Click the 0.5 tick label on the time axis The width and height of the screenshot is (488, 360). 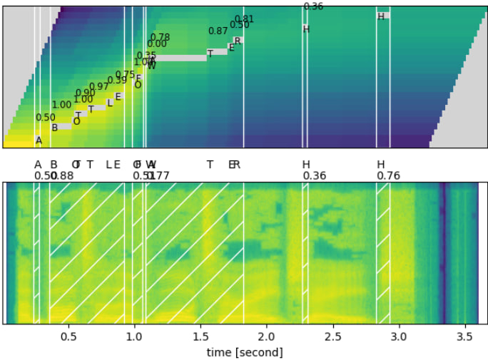68,336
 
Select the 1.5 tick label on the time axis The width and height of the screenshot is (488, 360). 200,336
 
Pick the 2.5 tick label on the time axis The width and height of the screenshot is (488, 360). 332,336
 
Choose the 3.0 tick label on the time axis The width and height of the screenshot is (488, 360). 399,336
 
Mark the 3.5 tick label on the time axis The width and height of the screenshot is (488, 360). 464,336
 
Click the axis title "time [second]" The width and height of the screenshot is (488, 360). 245,352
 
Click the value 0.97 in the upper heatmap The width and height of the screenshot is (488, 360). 99,87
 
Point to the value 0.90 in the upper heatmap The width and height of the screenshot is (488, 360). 85,93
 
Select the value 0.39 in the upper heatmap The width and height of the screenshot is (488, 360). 117,81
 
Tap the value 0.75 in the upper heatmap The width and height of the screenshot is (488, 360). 125,75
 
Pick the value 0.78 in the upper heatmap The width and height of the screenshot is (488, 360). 160,38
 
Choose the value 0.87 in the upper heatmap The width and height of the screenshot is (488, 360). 218,31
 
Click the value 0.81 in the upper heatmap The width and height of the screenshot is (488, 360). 244,19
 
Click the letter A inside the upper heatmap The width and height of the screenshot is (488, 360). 39,140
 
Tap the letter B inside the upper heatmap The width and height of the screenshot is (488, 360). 54,128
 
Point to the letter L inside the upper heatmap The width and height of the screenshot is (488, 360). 110,103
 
